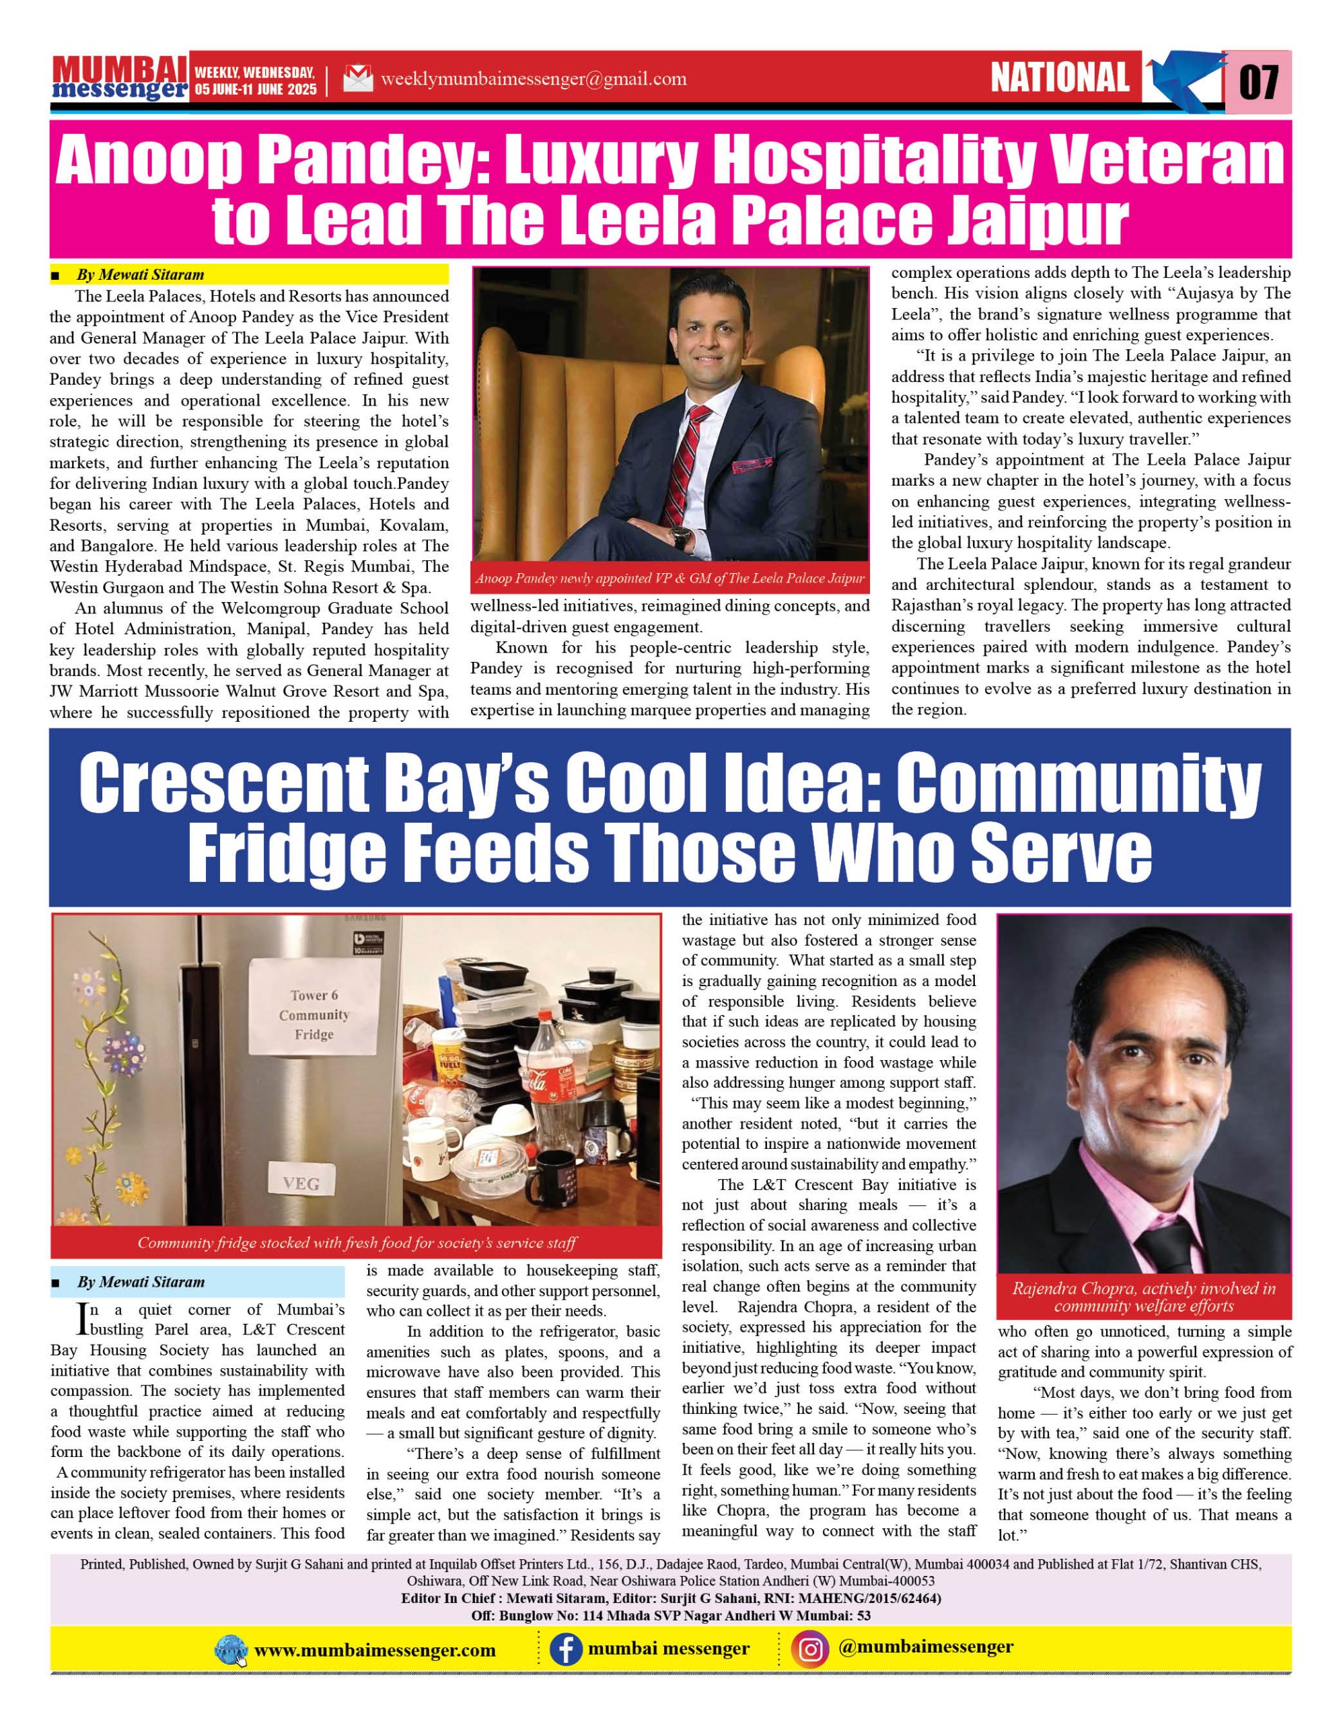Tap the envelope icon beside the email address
[x=358, y=79]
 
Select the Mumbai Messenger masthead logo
[x=119, y=79]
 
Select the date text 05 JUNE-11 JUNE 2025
[x=256, y=89]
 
